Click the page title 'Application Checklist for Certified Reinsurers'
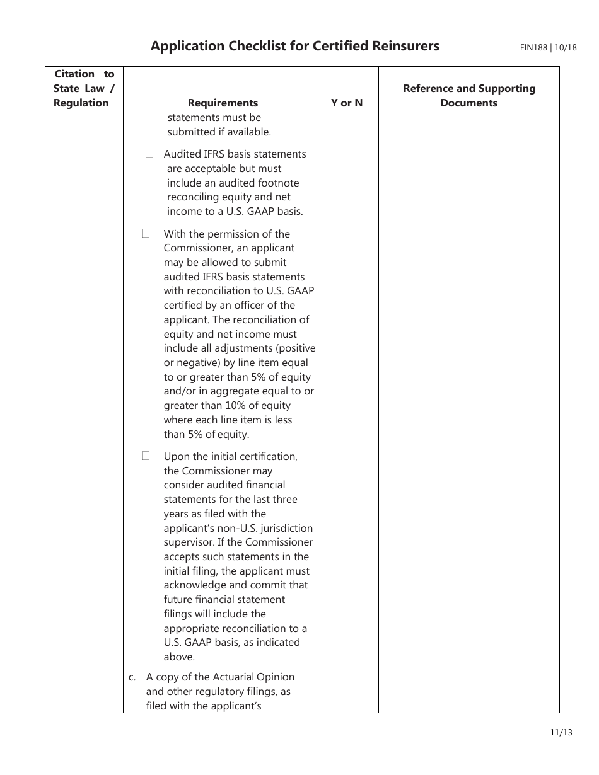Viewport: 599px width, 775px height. [x=294, y=46]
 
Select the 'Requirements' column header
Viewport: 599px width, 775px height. [x=223, y=103]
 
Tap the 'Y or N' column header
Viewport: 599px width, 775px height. [x=347, y=103]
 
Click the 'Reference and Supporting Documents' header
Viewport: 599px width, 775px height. [x=468, y=96]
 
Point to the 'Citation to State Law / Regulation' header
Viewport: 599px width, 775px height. [x=83, y=88]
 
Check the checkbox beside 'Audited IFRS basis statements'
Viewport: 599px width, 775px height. [x=149, y=153]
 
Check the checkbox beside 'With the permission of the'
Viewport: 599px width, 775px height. [x=146, y=233]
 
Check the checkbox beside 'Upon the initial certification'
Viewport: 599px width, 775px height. [x=146, y=455]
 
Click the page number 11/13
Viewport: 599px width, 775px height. [x=560, y=732]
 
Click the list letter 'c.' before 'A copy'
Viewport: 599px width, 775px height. [x=132, y=677]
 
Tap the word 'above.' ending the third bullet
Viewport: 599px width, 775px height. [x=179, y=657]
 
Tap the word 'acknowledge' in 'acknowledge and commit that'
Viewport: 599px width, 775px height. [x=192, y=585]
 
